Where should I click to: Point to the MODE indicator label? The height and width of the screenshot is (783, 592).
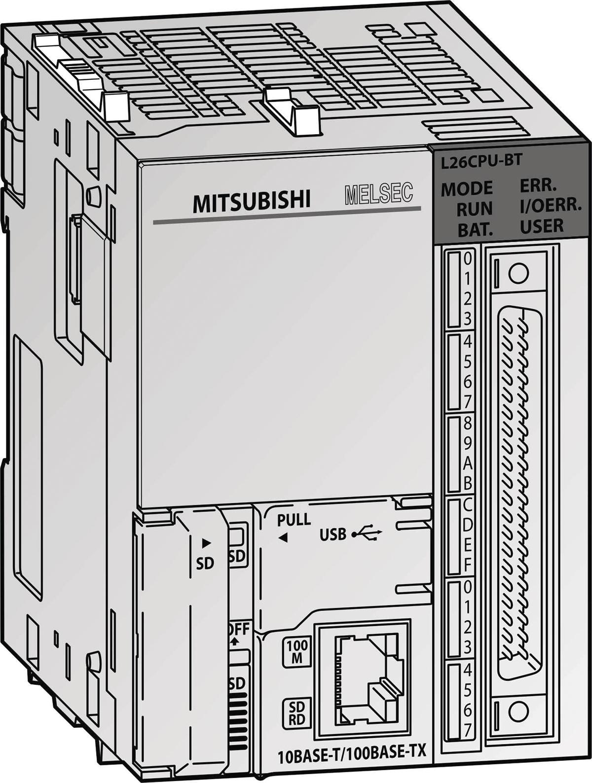click(466, 188)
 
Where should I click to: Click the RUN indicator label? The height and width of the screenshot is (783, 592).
click(474, 209)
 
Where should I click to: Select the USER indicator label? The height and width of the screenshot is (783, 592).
click(542, 226)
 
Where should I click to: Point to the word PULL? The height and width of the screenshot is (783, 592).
click(294, 519)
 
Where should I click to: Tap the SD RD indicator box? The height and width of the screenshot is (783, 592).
click(296, 712)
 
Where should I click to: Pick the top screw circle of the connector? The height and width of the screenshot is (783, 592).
click(518, 273)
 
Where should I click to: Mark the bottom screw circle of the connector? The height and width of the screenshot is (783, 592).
click(518, 712)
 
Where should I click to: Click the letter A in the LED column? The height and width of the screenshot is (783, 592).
click(467, 463)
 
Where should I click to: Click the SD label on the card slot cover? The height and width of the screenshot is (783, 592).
click(205, 563)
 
